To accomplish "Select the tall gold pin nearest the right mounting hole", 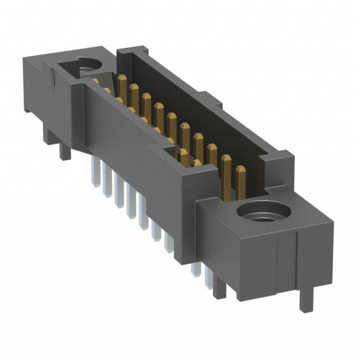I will (240, 179).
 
